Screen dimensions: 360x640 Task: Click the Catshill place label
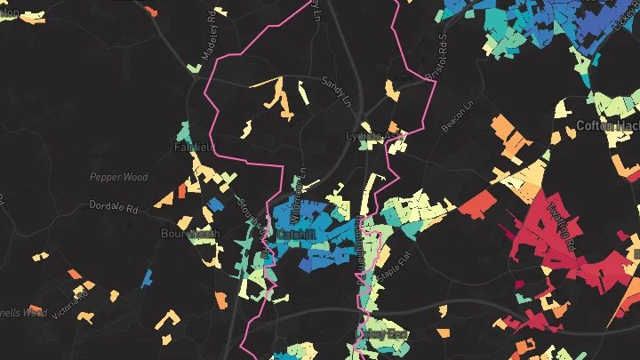tap(296, 235)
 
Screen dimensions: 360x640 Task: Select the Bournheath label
tap(189, 234)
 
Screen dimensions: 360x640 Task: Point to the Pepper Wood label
tap(118, 177)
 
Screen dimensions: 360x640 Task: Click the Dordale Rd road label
tap(115, 206)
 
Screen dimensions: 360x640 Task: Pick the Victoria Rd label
tap(70, 302)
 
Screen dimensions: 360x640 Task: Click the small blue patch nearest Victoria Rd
tap(147, 278)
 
